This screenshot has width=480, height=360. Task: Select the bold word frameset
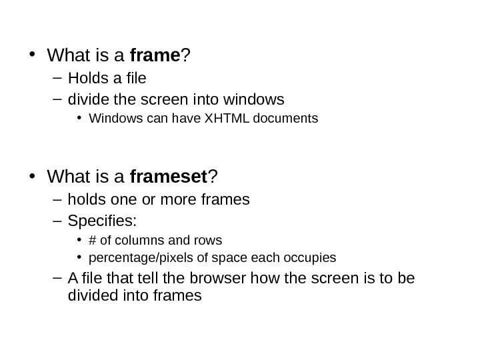click(169, 177)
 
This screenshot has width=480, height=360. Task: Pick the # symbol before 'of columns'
click(92, 239)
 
